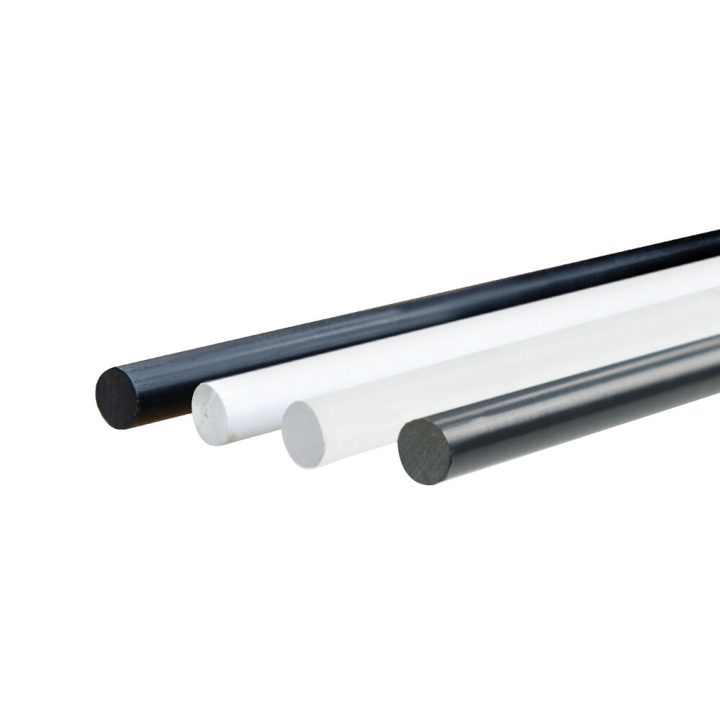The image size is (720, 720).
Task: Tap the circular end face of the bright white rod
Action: pyautogui.click(x=215, y=414)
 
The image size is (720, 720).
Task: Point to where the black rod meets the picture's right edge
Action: pyautogui.click(x=716, y=245)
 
